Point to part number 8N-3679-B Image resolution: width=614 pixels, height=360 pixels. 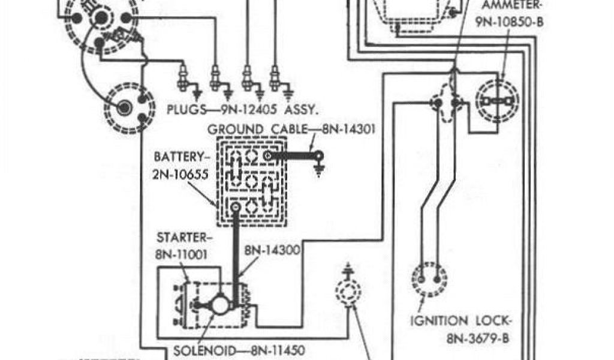(477, 338)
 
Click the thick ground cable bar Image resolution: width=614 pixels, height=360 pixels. (293, 155)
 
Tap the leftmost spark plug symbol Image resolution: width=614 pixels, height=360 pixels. (183, 78)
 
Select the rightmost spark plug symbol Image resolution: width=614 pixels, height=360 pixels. (275, 78)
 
